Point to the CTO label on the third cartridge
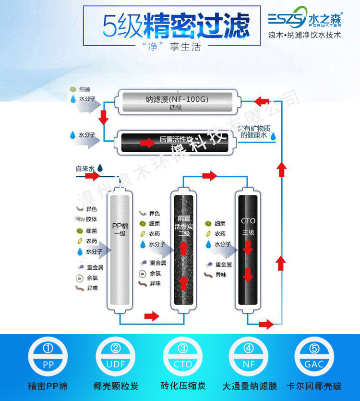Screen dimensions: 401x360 point(248,221)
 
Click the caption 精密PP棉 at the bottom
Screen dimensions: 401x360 point(48,386)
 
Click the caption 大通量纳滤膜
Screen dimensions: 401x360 point(249,386)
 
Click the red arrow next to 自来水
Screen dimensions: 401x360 point(93,176)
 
